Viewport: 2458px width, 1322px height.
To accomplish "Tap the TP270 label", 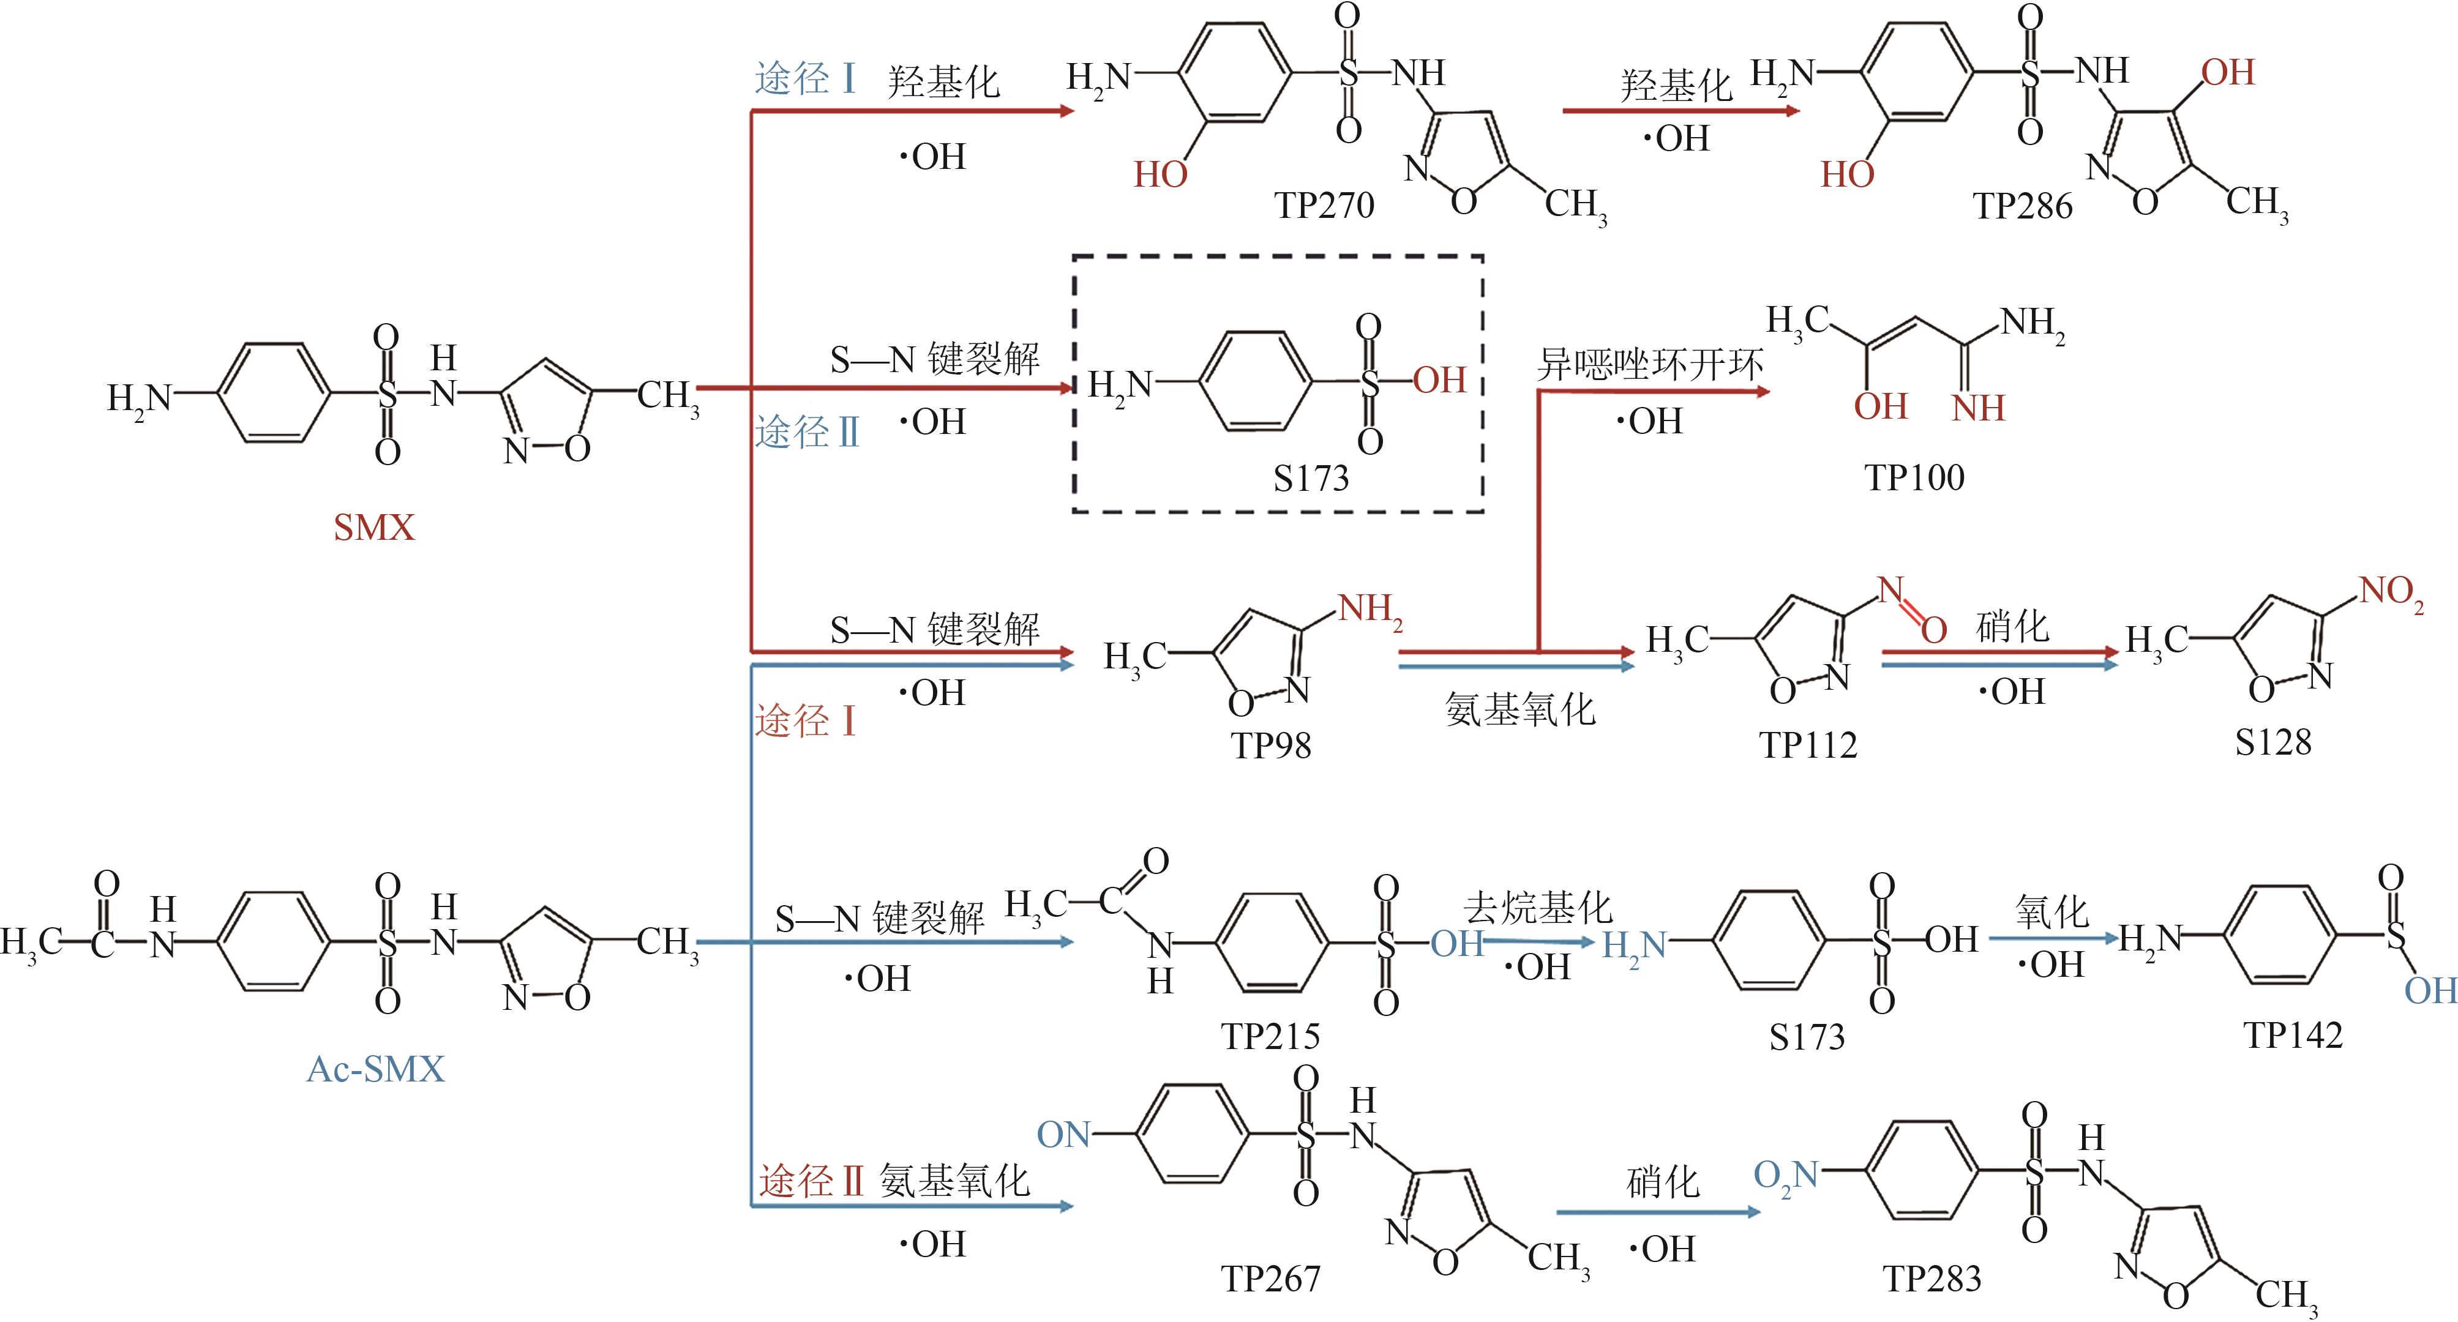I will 1324,205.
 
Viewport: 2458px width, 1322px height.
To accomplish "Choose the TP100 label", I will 1914,477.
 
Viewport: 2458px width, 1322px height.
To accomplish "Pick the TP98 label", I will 1271,745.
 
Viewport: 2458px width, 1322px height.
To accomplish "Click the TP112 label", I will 1808,745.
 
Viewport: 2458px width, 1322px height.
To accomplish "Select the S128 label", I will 2273,742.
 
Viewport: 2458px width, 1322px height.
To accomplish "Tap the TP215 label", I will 1270,1036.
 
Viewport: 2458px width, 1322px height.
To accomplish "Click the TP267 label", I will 1271,1278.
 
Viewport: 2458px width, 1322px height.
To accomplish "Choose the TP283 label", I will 1932,1278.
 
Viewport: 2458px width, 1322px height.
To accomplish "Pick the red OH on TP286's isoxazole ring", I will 2228,72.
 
